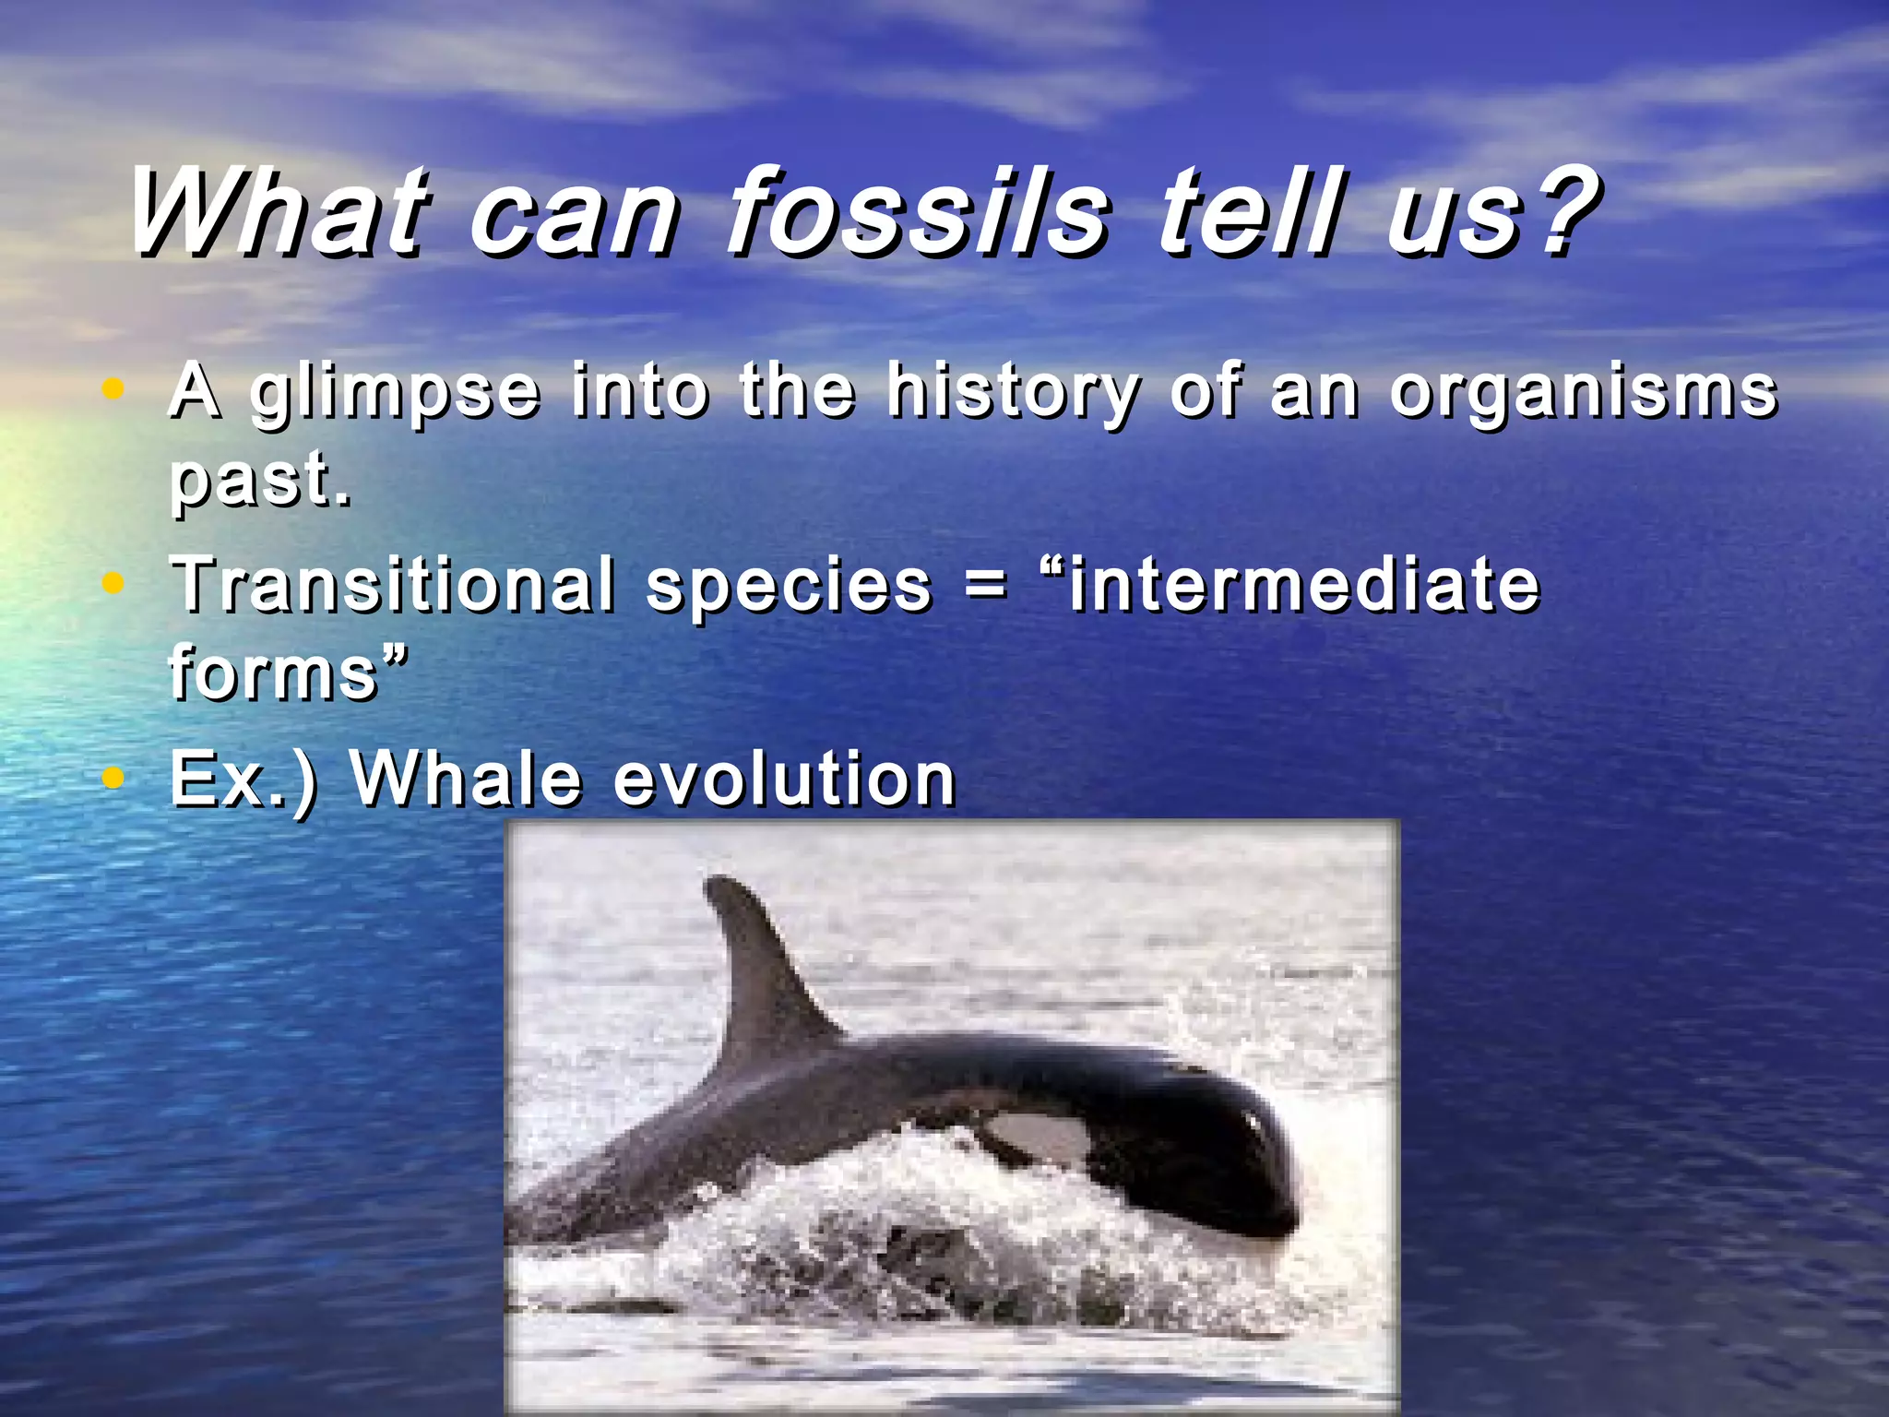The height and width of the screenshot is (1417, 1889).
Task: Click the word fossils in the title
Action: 918,214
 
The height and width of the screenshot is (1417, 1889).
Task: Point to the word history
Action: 1012,393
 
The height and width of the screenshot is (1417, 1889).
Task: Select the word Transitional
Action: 393,585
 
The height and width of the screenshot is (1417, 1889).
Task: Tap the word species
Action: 789,587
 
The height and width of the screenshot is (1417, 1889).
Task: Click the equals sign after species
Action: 985,587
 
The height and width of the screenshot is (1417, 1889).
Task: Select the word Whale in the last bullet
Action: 466,780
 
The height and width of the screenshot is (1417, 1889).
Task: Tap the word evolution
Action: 784,780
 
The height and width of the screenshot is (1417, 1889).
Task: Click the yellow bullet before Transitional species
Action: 113,583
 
